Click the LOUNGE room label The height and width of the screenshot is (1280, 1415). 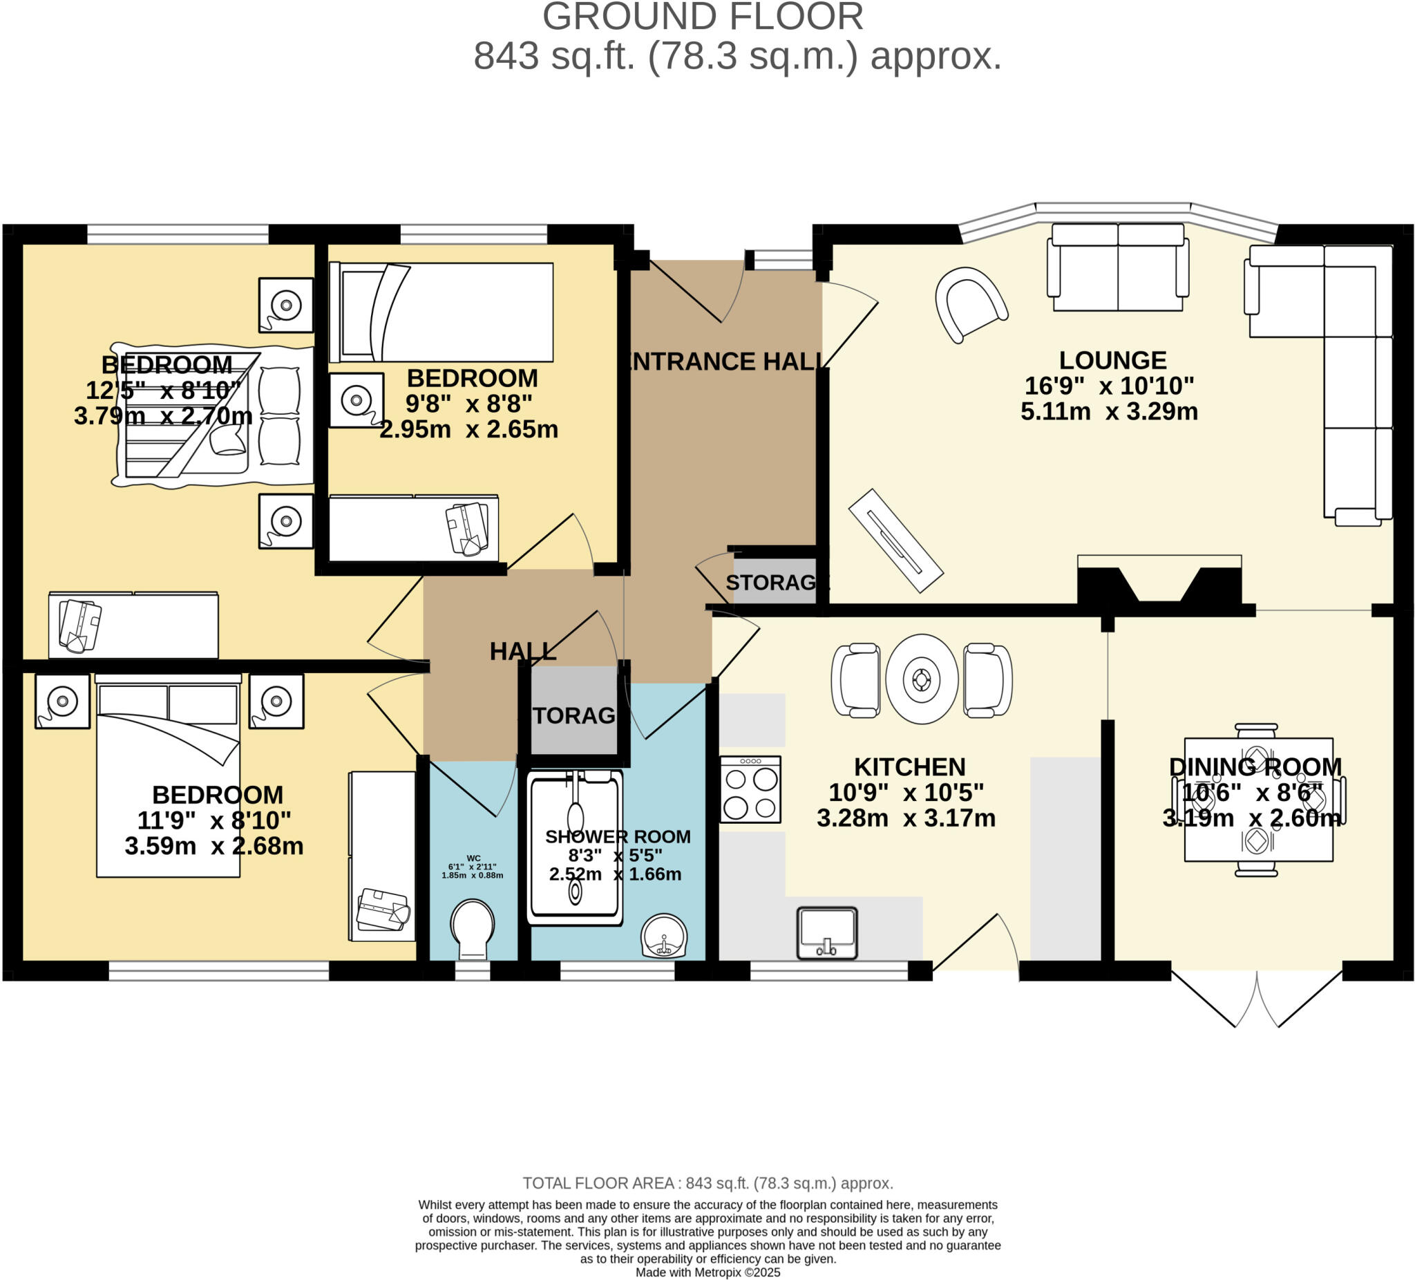pos(1112,361)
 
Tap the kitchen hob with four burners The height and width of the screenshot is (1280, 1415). pos(750,790)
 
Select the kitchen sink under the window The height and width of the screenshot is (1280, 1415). pos(827,932)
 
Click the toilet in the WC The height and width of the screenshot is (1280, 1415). pos(473,928)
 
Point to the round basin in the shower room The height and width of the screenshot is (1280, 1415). pos(663,934)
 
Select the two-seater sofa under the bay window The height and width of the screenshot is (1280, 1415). pos(1117,267)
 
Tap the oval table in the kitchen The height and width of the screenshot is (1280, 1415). pos(921,679)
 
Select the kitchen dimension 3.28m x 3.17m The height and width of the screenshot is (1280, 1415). pos(905,818)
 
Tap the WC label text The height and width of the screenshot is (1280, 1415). pos(473,858)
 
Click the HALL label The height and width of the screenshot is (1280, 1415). pos(522,652)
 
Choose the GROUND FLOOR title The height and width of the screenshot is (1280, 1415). pos(703,17)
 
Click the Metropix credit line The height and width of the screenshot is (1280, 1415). pos(707,1272)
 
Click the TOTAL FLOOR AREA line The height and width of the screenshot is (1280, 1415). pos(707,1183)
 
